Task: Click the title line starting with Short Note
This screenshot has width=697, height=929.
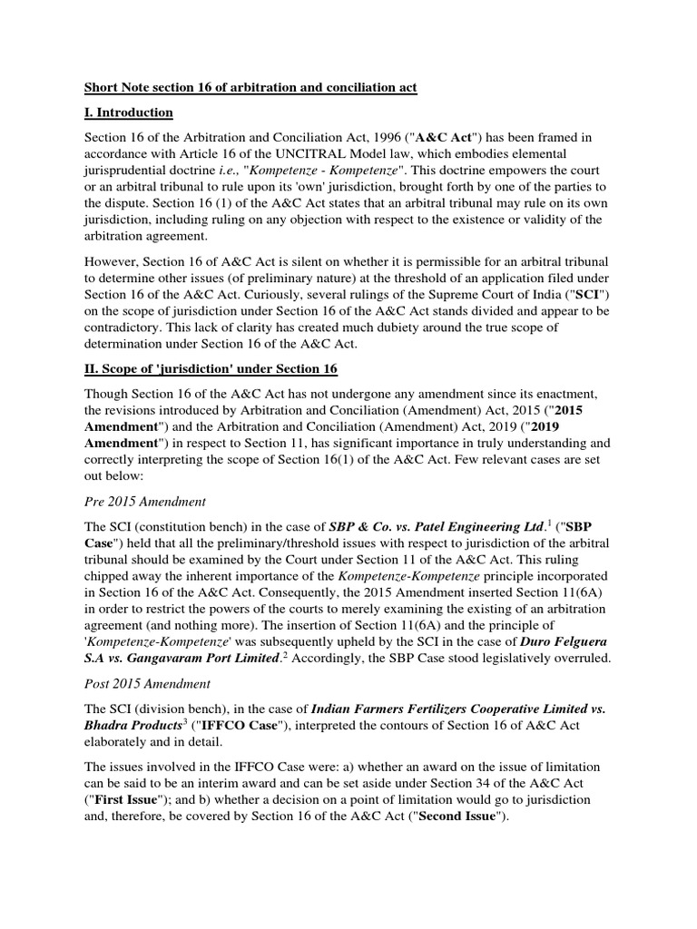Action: click(x=250, y=88)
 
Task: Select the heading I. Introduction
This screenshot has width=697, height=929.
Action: click(x=128, y=112)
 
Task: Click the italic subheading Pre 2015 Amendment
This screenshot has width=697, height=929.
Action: click(x=144, y=501)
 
